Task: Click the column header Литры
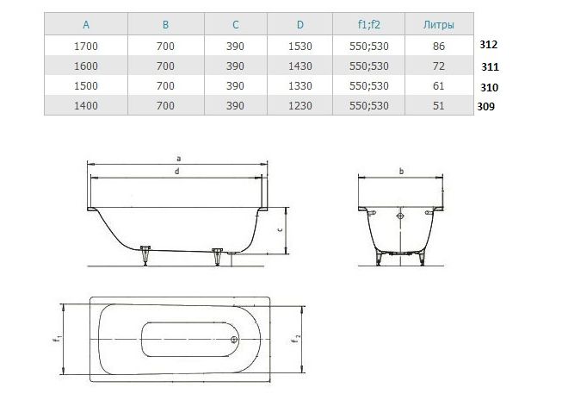tap(438, 24)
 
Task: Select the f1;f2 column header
tap(369, 24)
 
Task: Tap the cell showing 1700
tap(86, 46)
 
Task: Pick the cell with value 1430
tap(300, 66)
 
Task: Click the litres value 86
tap(439, 46)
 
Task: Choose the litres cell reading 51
tap(439, 105)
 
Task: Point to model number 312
tap(489, 45)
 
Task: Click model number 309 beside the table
tap(485, 106)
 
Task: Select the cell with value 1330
tap(300, 86)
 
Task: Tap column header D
tap(300, 24)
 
